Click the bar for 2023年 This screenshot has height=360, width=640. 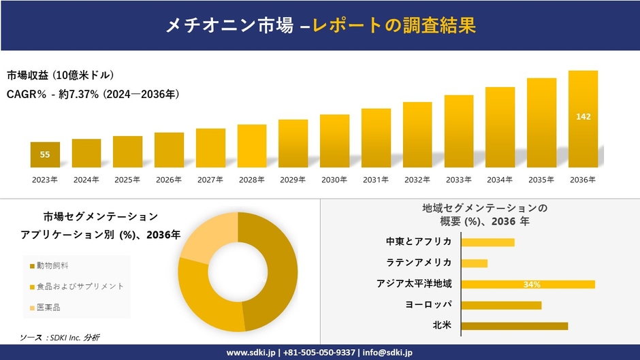45,154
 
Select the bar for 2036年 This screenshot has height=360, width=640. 583,119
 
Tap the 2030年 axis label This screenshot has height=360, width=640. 334,180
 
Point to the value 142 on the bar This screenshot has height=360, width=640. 583,117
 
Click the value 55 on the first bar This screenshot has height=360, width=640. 45,154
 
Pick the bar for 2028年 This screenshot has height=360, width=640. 252,146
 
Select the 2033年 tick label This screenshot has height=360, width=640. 459,180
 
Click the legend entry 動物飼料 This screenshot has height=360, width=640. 52,265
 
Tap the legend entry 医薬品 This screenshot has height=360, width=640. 48,308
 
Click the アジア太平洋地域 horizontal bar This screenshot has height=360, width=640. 528,284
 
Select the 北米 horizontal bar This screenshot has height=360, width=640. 514,326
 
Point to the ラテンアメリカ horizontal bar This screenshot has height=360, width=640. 475,263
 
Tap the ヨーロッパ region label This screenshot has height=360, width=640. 428,304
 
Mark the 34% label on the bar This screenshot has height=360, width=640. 532,284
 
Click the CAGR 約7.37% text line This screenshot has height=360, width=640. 93,94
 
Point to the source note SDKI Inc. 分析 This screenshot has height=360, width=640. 65,338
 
